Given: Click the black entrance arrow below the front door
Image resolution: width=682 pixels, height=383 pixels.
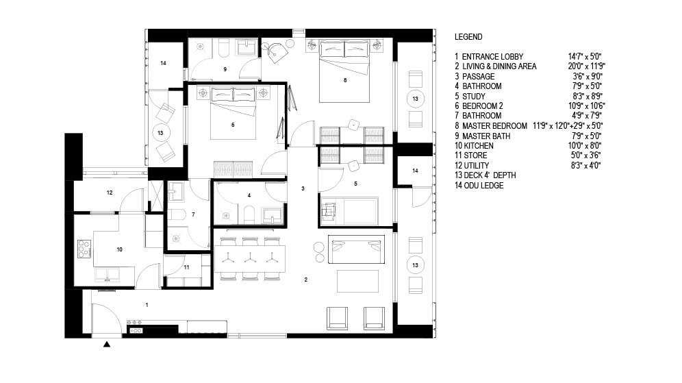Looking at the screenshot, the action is point(107,344).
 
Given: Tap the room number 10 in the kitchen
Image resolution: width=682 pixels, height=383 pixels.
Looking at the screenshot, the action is point(120,249).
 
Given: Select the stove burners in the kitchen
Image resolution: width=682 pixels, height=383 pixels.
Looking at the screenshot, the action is point(84,249).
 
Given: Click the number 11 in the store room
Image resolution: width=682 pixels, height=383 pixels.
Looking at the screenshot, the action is point(186,267).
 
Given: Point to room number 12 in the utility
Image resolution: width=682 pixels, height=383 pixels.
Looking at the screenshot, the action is point(110,193).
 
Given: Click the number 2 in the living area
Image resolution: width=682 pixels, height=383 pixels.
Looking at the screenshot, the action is point(306,280).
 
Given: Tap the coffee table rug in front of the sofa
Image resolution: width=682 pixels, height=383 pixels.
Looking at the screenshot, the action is point(357,281).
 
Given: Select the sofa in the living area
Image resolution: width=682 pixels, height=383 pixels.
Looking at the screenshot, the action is point(356,249).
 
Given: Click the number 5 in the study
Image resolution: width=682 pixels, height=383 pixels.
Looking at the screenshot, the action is point(355,184).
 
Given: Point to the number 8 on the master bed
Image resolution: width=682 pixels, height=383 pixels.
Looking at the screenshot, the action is point(345,80).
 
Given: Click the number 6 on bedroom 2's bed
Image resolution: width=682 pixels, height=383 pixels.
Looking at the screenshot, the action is point(233,125).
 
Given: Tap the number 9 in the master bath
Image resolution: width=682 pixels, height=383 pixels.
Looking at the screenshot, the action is point(225,69).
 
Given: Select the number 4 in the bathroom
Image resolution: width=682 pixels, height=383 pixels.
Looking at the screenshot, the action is point(249,195).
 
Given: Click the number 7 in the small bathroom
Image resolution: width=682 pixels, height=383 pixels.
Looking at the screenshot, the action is point(193,214).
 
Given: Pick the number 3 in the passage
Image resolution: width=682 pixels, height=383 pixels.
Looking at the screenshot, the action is point(303,188).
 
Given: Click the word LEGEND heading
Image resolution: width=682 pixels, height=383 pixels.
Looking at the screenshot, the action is point(468,37).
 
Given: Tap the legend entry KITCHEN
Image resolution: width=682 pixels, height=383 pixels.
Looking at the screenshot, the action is point(479,146).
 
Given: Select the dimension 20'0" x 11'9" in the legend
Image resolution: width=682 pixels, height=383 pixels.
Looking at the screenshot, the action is point(587,66).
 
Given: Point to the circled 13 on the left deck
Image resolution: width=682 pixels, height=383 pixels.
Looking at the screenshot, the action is point(160,133).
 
